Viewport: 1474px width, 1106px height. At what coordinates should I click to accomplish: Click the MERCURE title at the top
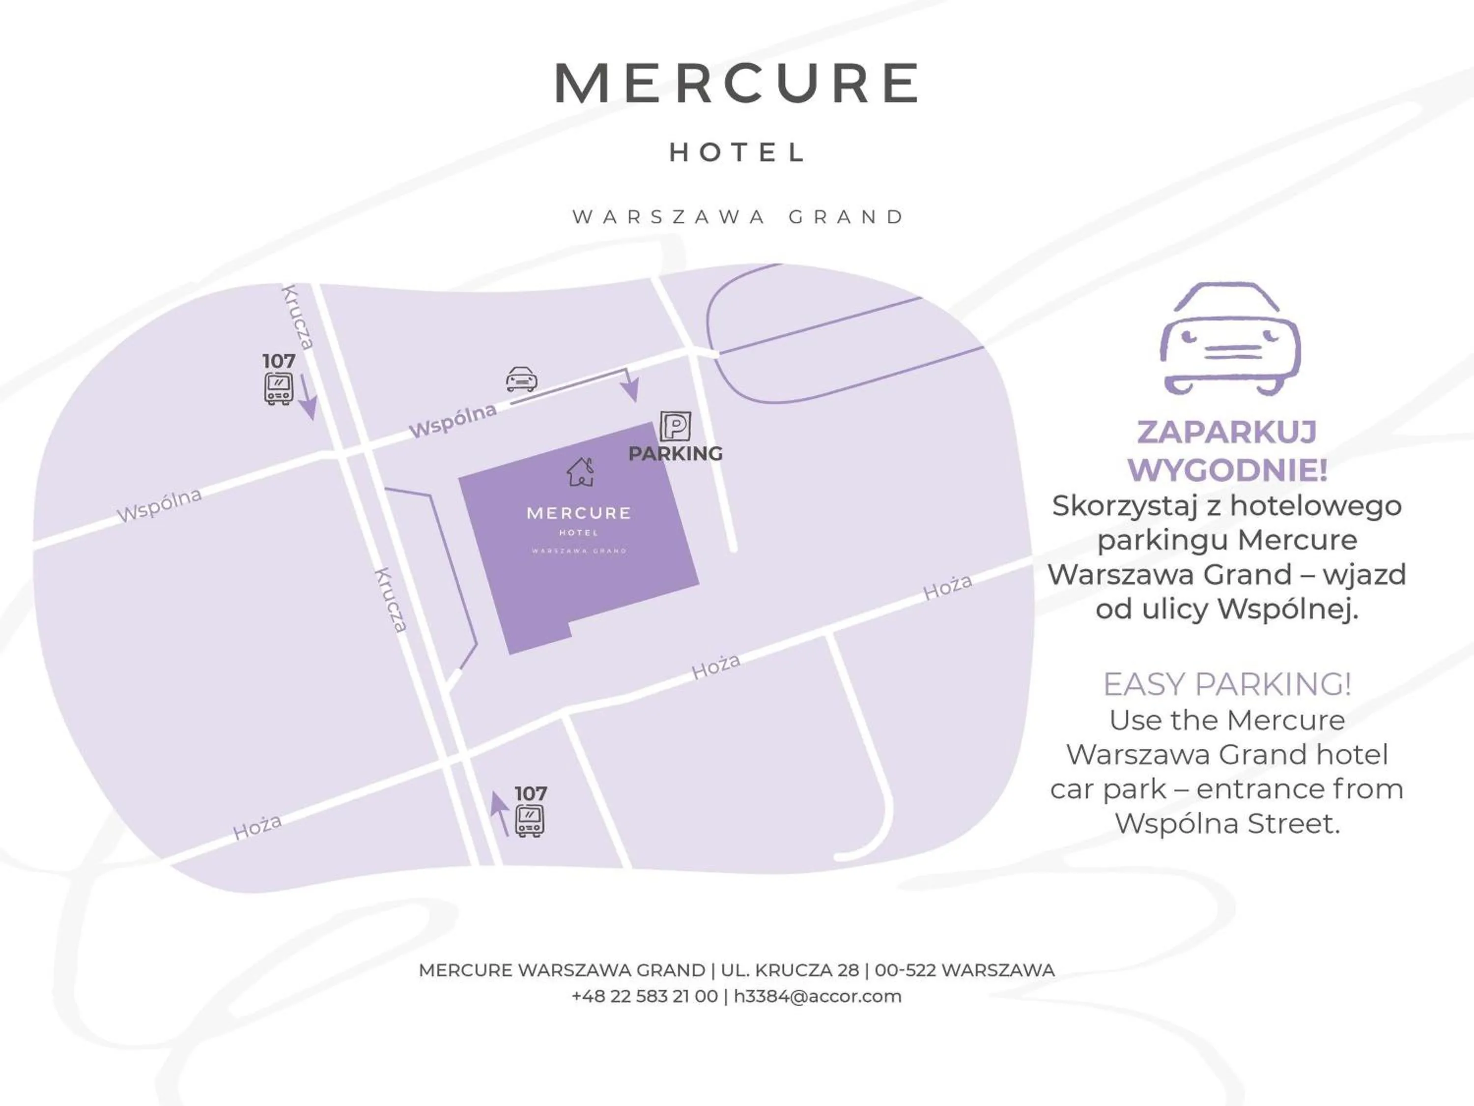[737, 84]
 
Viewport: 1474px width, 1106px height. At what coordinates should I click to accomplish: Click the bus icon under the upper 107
[278, 389]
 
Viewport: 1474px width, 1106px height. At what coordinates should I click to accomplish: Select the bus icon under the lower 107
[530, 821]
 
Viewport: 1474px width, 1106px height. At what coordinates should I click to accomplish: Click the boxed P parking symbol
[675, 427]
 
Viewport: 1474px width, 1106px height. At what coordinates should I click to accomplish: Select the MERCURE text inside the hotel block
[578, 513]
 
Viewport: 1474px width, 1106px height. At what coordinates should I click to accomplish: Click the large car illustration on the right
[1229, 339]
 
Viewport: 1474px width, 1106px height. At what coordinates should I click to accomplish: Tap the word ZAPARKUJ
[1227, 432]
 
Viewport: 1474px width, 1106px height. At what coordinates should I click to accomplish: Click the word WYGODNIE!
[1227, 470]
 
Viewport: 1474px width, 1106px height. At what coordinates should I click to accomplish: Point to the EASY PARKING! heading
[1227, 684]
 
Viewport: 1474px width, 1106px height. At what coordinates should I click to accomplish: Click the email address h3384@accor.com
[817, 997]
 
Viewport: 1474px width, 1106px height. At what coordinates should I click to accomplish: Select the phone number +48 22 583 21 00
[644, 997]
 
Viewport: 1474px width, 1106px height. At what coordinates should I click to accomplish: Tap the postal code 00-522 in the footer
[906, 971]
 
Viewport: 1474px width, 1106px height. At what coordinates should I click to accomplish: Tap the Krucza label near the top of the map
[297, 317]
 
